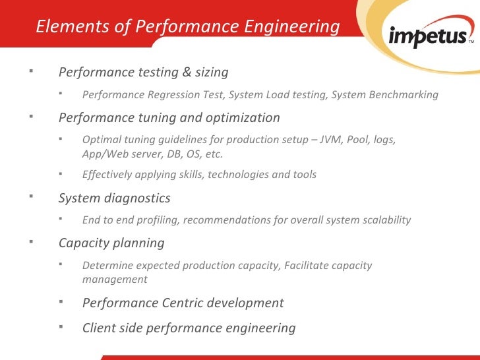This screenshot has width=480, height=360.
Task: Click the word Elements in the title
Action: [61, 27]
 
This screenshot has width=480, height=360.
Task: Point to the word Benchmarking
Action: [400, 94]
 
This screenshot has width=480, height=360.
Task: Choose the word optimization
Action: [243, 118]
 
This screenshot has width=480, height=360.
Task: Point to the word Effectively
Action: [108, 175]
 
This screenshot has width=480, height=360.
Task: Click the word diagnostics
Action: [139, 198]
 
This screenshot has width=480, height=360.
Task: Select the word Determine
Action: [107, 266]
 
